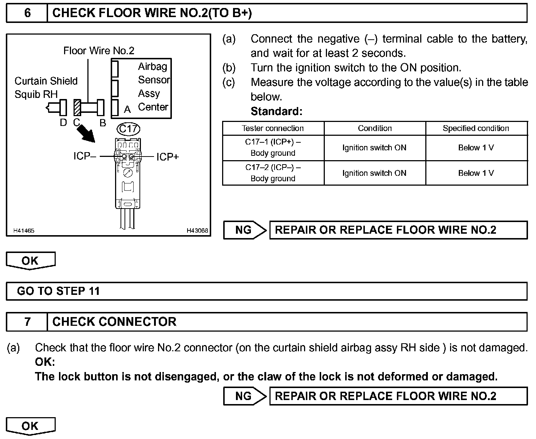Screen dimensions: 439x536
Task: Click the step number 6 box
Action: (27, 13)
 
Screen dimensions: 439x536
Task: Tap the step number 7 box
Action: (27, 322)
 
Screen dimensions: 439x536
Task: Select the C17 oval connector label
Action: (129, 129)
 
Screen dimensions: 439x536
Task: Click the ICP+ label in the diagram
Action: (167, 157)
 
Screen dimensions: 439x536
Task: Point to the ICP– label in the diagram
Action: (85, 157)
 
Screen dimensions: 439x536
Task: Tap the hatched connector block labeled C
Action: (77, 108)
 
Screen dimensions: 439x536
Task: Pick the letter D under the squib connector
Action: (63, 123)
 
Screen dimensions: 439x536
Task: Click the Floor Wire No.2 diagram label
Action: (99, 51)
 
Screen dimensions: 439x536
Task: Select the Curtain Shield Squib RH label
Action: (46, 87)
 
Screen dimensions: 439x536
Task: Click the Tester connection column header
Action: (273, 128)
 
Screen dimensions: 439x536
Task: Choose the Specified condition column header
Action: (476, 128)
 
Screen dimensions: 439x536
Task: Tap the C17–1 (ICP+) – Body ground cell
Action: (273, 147)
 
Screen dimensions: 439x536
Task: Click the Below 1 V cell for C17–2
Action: (476, 173)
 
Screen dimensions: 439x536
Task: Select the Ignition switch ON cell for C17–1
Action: (374, 147)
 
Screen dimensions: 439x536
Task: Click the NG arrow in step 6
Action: (245, 230)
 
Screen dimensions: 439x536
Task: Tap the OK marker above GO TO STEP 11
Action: (30, 261)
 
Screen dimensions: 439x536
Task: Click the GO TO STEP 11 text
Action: (58, 291)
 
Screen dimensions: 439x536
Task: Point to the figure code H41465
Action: (24, 230)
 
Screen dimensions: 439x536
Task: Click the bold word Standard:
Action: (276, 111)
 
